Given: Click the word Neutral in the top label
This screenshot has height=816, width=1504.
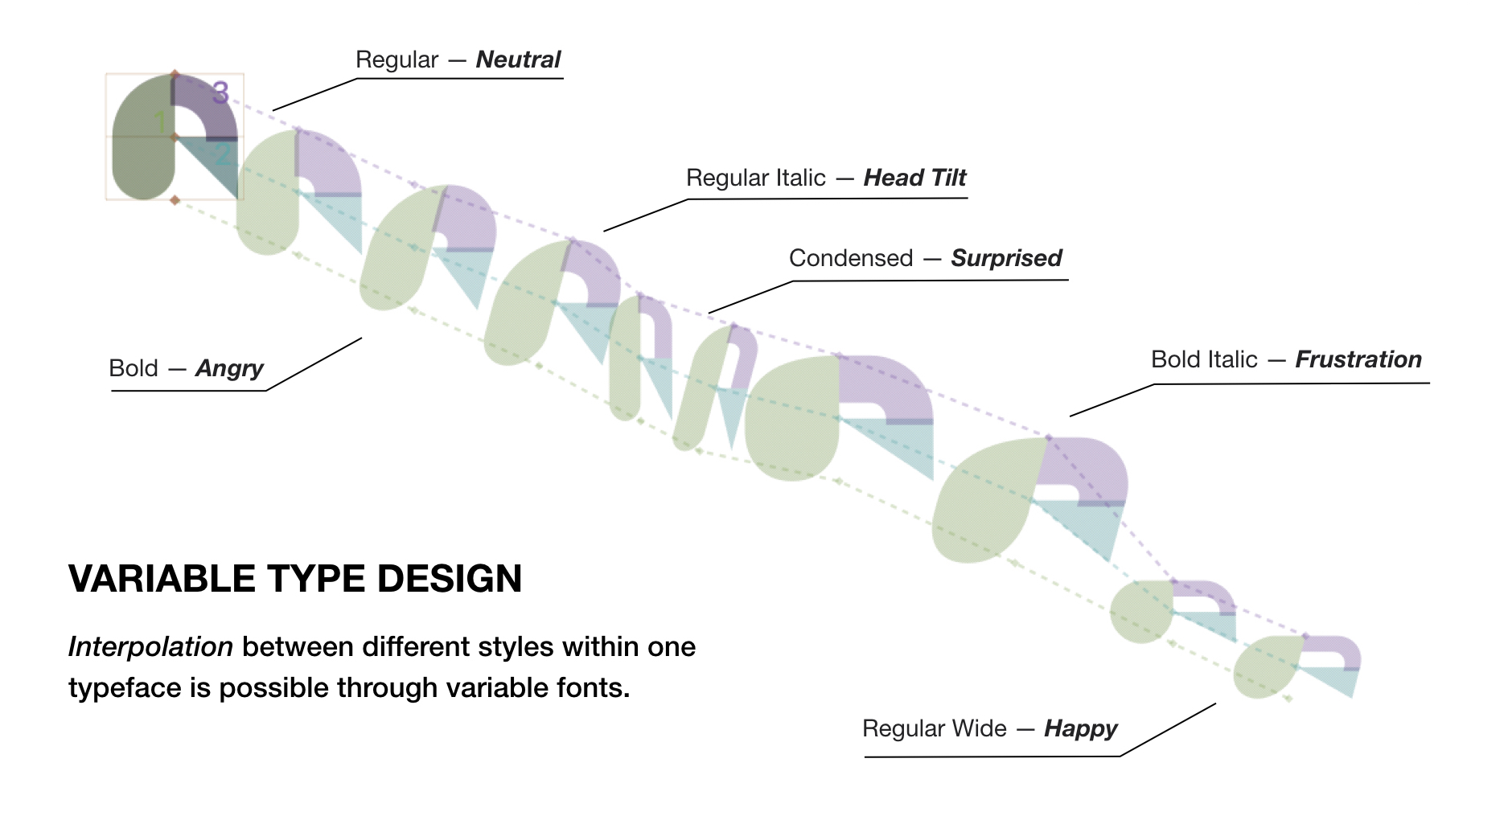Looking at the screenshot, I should click(x=518, y=59).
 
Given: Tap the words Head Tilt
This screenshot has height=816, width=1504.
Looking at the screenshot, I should click(x=914, y=178).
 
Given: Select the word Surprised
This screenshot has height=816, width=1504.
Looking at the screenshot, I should click(x=1006, y=258).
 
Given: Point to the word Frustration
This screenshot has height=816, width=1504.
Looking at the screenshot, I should click(x=1358, y=359).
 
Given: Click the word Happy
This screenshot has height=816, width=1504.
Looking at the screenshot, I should click(x=1080, y=728).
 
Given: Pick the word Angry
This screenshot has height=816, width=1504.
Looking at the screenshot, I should click(x=229, y=368).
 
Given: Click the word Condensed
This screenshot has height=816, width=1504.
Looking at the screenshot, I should click(x=851, y=258).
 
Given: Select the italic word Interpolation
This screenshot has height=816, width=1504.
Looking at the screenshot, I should click(x=150, y=646).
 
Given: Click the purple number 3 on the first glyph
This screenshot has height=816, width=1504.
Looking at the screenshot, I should click(x=220, y=92).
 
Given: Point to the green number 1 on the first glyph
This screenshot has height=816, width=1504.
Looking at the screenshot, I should click(x=161, y=122).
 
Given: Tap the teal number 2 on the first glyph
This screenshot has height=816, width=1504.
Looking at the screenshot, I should click(x=224, y=154).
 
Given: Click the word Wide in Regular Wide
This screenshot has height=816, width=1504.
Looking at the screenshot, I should click(x=981, y=728).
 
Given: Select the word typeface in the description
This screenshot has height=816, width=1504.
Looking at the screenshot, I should click(x=113, y=688).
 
